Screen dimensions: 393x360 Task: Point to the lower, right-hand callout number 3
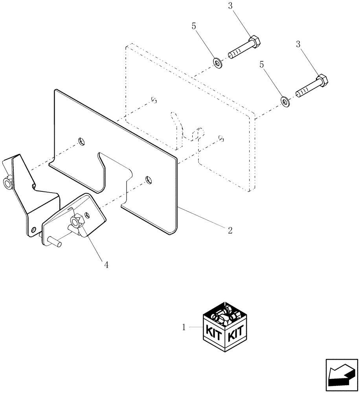click(298, 45)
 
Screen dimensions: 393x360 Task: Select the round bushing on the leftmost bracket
click(7, 183)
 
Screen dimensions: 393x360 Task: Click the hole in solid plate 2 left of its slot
click(81, 141)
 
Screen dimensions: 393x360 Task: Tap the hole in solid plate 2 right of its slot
click(147, 180)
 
